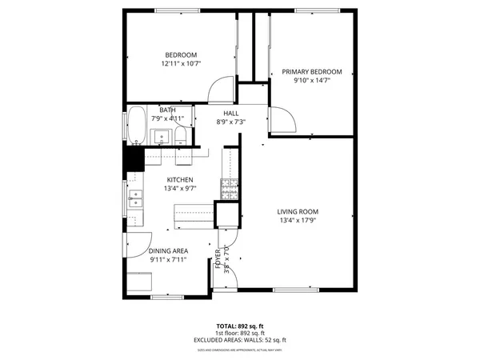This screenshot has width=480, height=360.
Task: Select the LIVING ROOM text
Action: [x=304, y=211]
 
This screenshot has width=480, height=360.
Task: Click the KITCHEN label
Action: [x=180, y=179]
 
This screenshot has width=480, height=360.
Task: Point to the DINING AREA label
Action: [x=168, y=250]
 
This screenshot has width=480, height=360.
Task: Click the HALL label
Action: [x=230, y=113]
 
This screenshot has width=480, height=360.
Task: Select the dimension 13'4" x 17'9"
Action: [x=304, y=221]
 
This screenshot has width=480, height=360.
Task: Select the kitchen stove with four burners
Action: [x=230, y=190]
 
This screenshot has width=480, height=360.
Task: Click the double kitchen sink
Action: [x=134, y=198]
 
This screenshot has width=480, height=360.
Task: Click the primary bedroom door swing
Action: [x=281, y=120]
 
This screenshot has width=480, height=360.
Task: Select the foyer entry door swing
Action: [x=228, y=256]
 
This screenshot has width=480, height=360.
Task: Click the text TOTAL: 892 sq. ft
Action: [x=240, y=326]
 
